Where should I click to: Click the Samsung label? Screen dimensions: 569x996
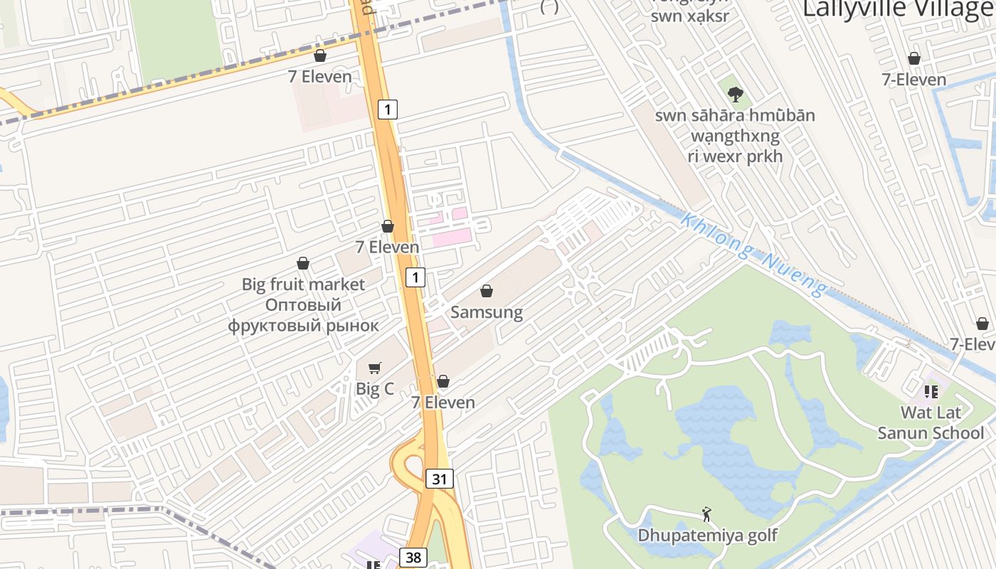pyautogui.click(x=487, y=312)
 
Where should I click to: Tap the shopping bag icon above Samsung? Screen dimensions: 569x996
pyautogui.click(x=487, y=291)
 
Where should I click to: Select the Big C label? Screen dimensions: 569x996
pyautogui.click(x=374, y=389)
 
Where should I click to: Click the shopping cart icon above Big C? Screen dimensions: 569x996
pyautogui.click(x=374, y=368)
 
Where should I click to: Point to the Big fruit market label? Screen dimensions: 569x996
pyautogui.click(x=303, y=284)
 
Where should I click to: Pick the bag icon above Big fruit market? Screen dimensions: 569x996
pyautogui.click(x=303, y=263)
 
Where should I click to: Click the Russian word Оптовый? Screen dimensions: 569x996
pyautogui.click(x=303, y=305)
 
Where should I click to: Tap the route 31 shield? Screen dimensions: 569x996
pyautogui.click(x=440, y=479)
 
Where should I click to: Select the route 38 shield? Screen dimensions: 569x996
pyautogui.click(x=413, y=557)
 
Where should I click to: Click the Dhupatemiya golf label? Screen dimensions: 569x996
pyautogui.click(x=707, y=535)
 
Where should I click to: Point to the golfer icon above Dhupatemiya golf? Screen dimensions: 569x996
pyautogui.click(x=706, y=514)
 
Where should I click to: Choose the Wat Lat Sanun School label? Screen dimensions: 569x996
pyautogui.click(x=931, y=422)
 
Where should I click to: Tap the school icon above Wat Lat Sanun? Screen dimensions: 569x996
pyautogui.click(x=931, y=391)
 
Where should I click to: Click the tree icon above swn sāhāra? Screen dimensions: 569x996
pyautogui.click(x=735, y=93)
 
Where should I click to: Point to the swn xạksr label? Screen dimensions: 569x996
pyautogui.click(x=690, y=16)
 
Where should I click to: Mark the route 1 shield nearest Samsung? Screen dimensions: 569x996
pyautogui.click(x=415, y=277)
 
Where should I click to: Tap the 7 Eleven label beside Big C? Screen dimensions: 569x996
pyautogui.click(x=443, y=403)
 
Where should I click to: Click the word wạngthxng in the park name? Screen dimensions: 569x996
pyautogui.click(x=735, y=136)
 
